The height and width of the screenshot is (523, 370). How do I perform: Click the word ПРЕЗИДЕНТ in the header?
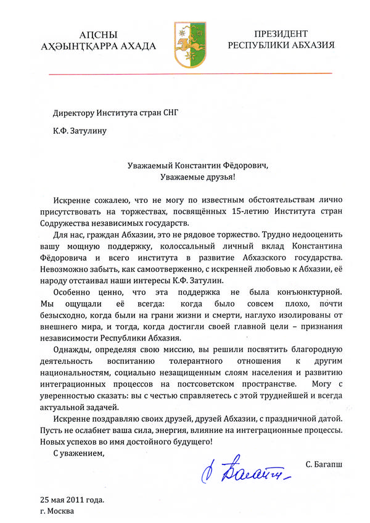click(x=281, y=33)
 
